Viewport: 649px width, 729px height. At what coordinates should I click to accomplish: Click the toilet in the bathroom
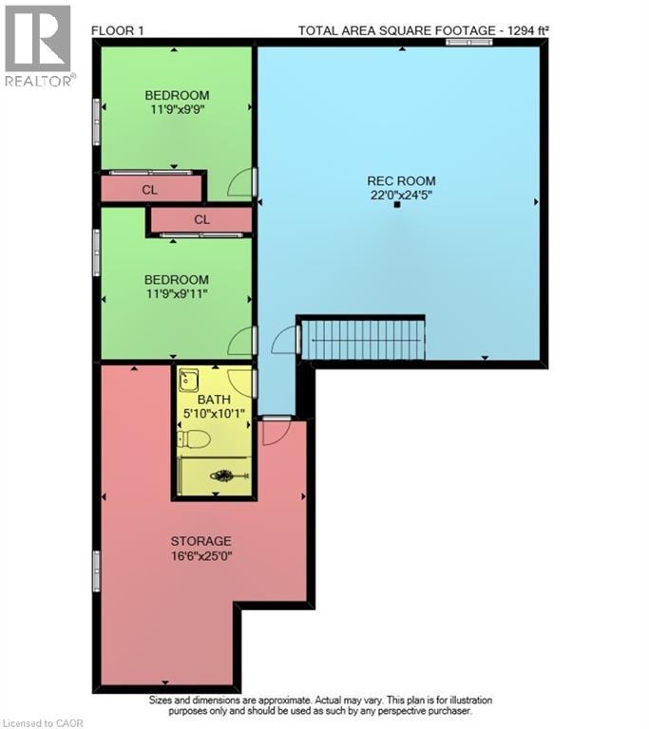tap(195, 439)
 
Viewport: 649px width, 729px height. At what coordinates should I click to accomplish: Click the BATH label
tap(215, 400)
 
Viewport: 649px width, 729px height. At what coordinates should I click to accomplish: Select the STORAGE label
tap(200, 541)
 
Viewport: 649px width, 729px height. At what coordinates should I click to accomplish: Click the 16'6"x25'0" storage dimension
tap(200, 556)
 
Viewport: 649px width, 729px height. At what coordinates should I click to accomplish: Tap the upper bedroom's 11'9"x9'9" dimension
tap(177, 109)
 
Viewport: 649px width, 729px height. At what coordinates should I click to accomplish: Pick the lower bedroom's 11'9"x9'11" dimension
tap(177, 294)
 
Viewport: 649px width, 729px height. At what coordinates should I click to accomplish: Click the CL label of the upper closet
tap(150, 190)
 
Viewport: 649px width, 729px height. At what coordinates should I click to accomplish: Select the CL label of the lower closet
tap(201, 220)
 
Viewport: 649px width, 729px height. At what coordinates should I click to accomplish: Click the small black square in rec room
tap(397, 203)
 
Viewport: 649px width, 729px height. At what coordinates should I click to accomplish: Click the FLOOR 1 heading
tap(117, 30)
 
